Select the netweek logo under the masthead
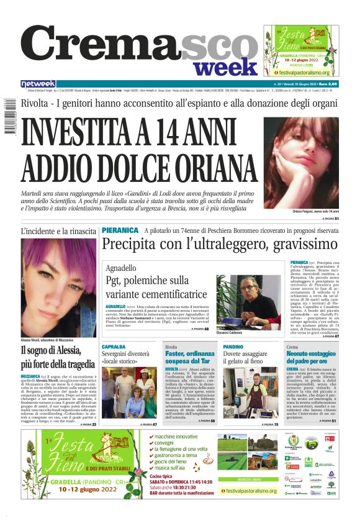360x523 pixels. tap(38, 84)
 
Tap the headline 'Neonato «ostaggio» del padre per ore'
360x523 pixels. tap(314, 357)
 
